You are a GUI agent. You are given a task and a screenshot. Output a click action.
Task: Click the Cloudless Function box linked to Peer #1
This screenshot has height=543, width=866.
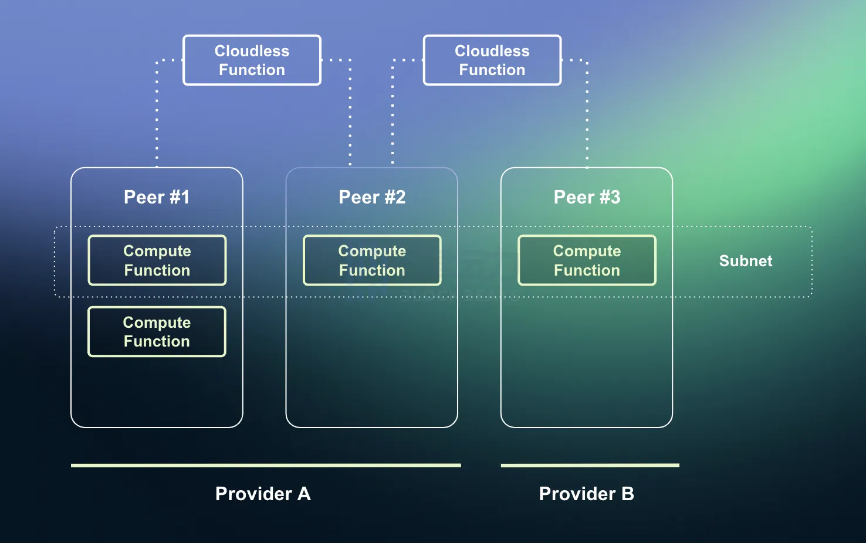(x=252, y=60)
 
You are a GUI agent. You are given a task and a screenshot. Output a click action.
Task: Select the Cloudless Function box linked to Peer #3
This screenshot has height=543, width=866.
(x=492, y=60)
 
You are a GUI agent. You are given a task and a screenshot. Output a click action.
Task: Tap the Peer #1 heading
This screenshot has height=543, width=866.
(x=157, y=197)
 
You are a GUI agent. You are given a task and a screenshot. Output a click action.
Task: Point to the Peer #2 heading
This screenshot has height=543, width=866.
(x=372, y=197)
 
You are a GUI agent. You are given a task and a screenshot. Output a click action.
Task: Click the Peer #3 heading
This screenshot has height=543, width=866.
(x=587, y=197)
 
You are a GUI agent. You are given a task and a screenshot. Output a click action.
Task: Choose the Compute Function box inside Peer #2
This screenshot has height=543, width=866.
(x=372, y=260)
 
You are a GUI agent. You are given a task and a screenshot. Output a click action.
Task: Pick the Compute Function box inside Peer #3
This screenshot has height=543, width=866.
(x=587, y=260)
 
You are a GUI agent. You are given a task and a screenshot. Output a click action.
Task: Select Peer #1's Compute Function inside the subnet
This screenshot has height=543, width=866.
(x=157, y=260)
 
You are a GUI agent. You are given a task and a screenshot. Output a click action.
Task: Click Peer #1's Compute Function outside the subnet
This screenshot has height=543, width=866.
(x=157, y=332)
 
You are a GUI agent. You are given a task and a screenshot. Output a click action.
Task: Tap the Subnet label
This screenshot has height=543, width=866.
(x=746, y=261)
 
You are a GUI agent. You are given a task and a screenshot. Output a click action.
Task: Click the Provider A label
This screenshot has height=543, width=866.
(x=263, y=494)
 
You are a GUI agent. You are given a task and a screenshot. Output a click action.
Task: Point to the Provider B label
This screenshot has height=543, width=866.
(x=586, y=494)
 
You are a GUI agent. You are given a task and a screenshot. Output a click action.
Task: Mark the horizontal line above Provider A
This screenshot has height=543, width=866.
(x=266, y=466)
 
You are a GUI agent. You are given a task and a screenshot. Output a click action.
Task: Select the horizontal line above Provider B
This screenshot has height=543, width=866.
(x=590, y=466)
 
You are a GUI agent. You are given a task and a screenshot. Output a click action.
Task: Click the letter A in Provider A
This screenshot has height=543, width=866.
(x=304, y=494)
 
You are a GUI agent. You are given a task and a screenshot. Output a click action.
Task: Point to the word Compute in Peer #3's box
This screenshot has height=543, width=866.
(x=587, y=251)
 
